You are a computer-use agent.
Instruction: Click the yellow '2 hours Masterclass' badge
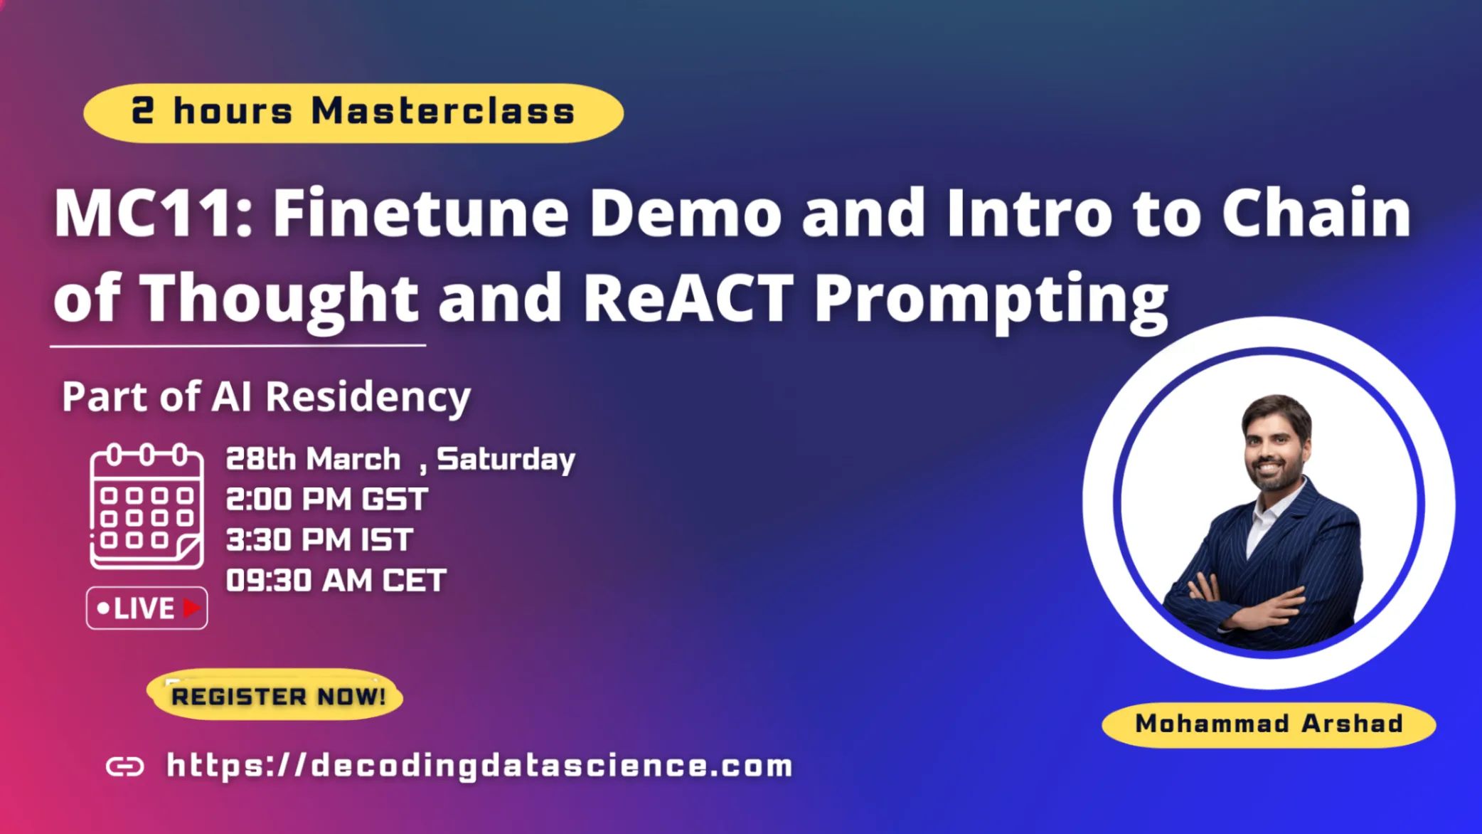[353, 112]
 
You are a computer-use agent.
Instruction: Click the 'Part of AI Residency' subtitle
[266, 396]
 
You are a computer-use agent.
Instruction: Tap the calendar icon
[146, 506]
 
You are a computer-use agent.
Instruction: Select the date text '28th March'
[313, 459]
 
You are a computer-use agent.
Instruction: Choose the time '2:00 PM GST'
[327, 500]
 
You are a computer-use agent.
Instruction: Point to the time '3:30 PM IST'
[319, 540]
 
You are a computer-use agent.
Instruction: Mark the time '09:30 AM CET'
[336, 581]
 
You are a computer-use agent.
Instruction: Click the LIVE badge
[147, 608]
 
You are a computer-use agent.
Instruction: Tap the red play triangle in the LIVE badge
[191, 608]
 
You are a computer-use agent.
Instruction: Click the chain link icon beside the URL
[125, 766]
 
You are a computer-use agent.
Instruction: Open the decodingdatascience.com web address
[480, 766]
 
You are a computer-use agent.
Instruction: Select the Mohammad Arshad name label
[1269, 724]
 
